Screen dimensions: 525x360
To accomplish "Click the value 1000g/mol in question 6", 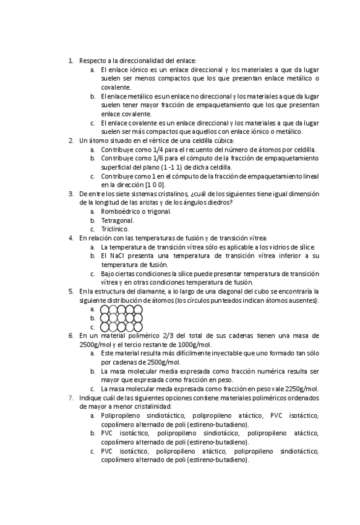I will coord(194,344).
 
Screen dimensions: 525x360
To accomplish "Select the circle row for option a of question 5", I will coord(122,309).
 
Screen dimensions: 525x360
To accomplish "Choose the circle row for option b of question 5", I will coord(122,318).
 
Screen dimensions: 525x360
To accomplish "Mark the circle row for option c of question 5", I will coord(122,326).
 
